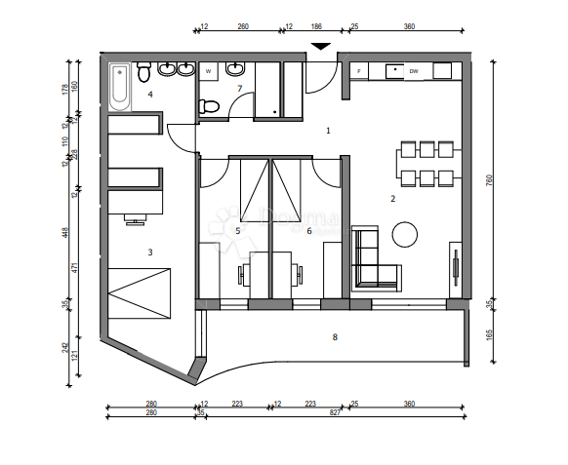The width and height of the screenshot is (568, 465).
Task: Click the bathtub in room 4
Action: click(119, 85)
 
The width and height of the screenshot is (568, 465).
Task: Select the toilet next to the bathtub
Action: click(143, 72)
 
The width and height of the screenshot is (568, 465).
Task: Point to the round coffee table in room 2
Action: click(406, 233)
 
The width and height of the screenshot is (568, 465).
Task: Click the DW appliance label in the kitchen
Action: click(414, 71)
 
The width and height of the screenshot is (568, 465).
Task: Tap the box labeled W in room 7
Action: click(209, 70)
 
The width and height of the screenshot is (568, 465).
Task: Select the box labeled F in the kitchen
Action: click(359, 71)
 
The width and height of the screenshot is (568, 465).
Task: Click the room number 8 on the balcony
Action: click(335, 337)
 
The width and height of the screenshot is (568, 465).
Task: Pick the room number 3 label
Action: click(149, 252)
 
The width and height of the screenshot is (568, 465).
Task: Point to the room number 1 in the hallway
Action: click(328, 130)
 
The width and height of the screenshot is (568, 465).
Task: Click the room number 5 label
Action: click(237, 231)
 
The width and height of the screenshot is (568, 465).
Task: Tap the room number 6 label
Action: click(308, 231)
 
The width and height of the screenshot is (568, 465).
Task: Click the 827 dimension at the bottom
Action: click(335, 414)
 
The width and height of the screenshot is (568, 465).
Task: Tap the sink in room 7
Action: click(234, 70)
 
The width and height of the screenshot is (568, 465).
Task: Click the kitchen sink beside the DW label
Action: click(395, 70)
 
